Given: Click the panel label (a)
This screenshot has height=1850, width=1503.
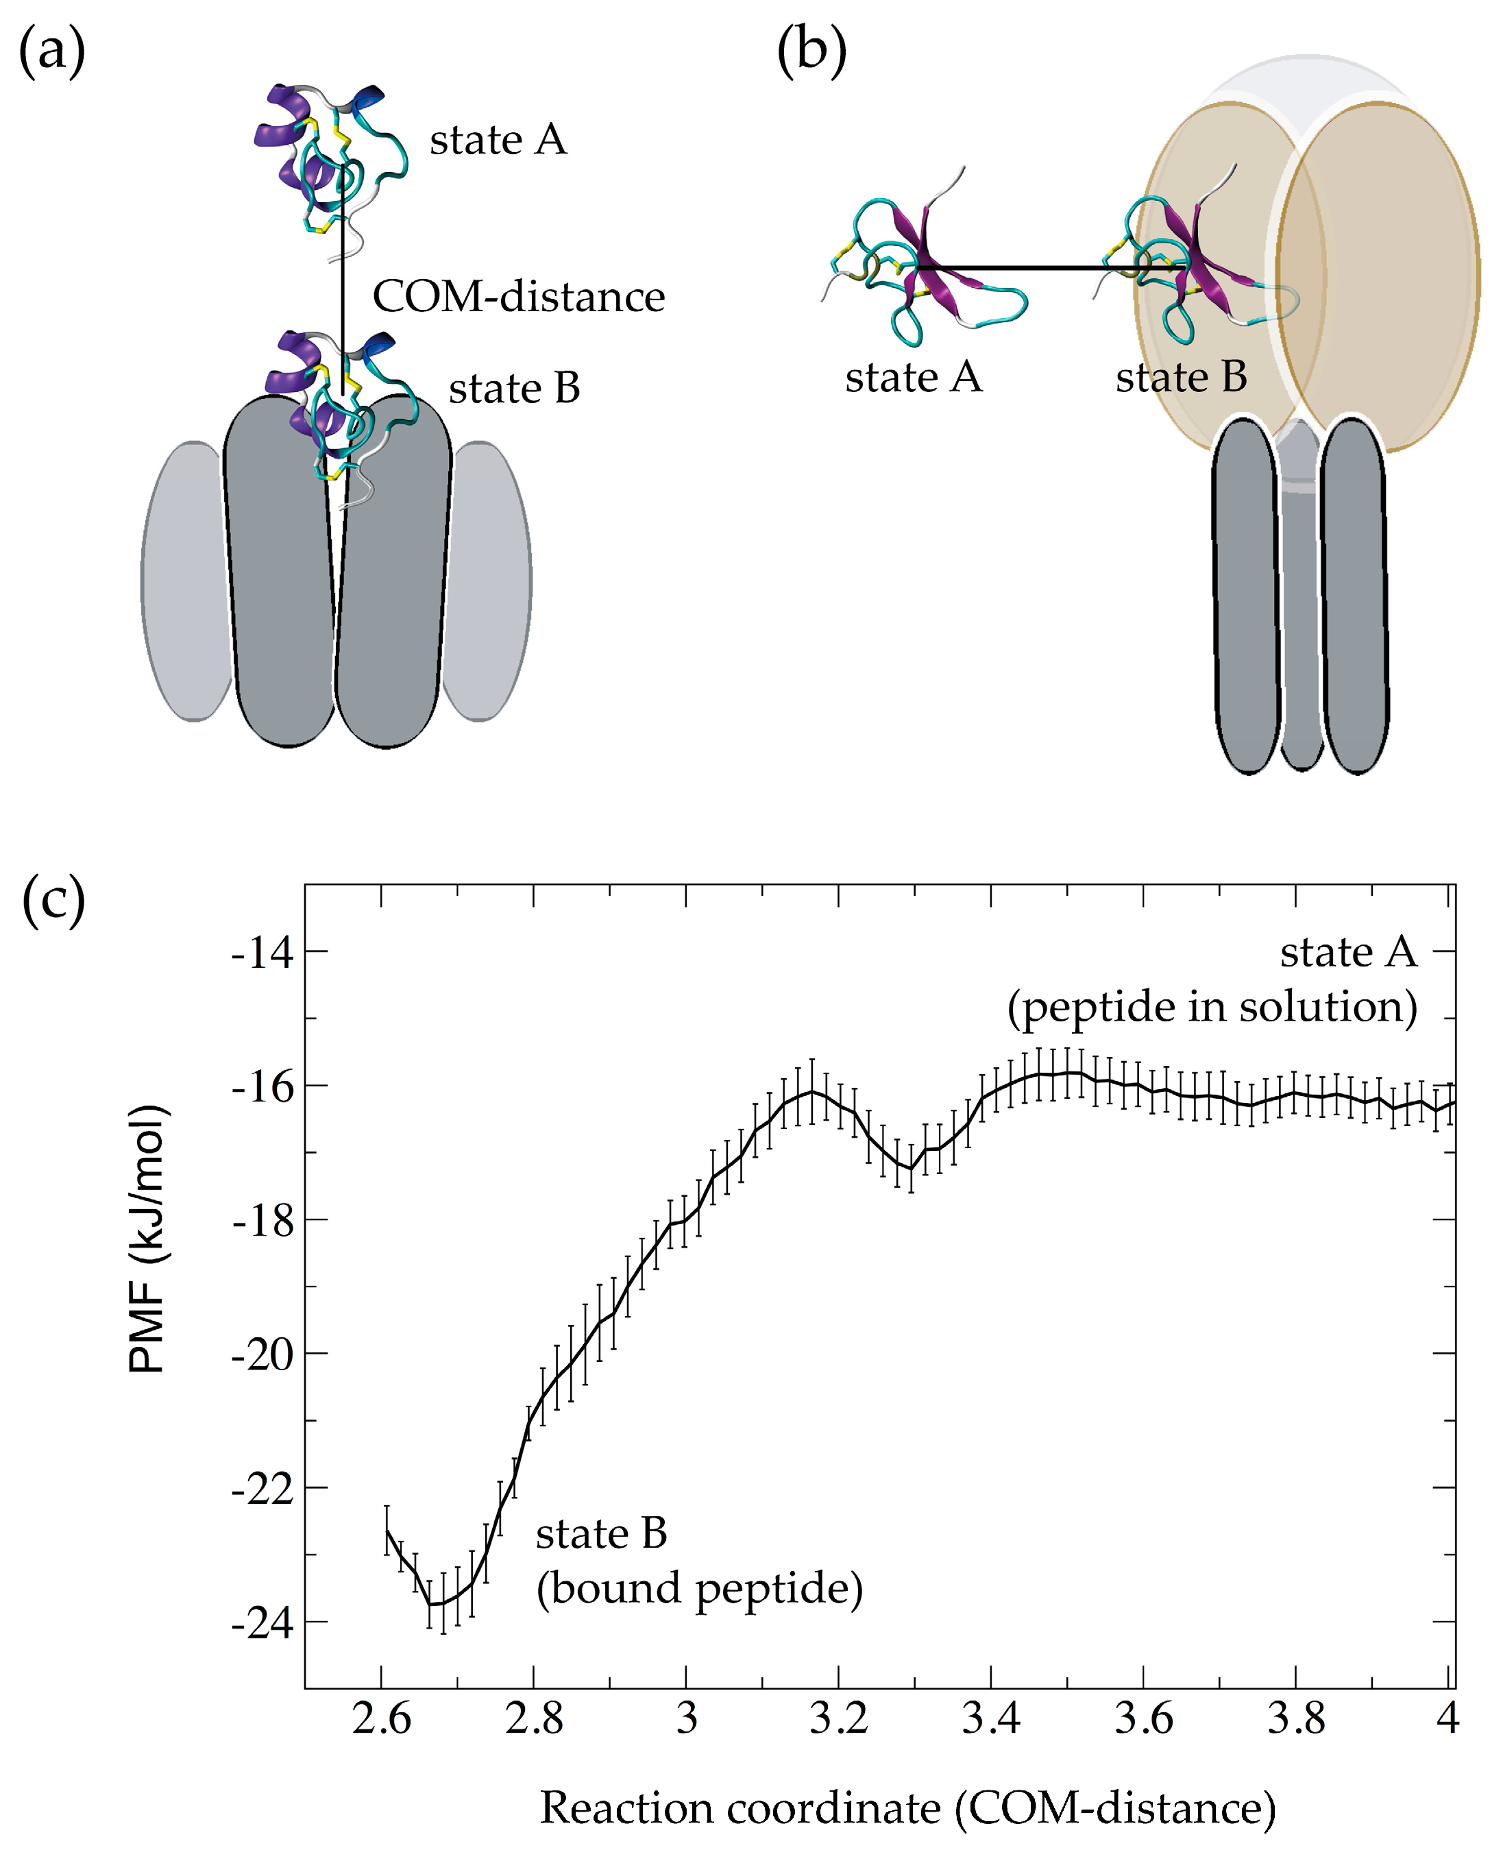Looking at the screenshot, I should (x=52, y=52).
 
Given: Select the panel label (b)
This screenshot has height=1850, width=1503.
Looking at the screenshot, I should (x=811, y=52).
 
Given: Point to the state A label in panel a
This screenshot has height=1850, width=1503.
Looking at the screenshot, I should (x=498, y=141).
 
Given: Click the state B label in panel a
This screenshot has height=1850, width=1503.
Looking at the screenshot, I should (x=514, y=389).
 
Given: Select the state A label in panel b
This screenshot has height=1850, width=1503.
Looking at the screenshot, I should (x=914, y=378).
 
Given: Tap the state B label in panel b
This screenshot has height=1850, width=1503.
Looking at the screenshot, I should (x=1181, y=378).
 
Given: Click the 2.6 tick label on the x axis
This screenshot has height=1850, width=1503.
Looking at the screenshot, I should (x=382, y=1718).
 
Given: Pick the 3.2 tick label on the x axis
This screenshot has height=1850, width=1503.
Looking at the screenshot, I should (x=838, y=1718).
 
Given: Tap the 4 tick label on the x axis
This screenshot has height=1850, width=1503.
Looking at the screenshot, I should (x=1447, y=1718).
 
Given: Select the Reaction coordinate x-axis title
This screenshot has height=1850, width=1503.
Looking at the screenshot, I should (x=907, y=1808).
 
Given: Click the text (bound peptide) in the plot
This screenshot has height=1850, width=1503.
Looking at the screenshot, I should (x=700, y=1590).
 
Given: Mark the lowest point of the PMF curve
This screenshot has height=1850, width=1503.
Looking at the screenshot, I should (x=435, y=1604).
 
